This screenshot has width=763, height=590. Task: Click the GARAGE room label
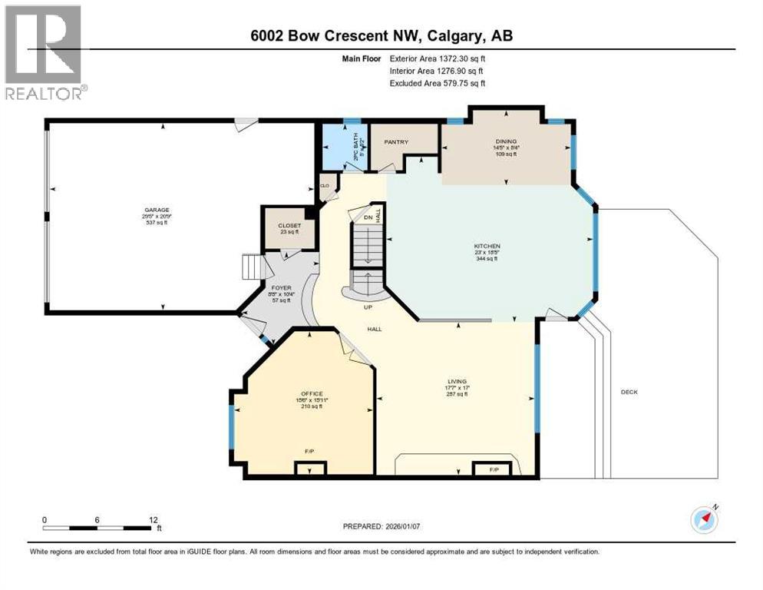point(157,210)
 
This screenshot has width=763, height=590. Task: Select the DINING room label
point(506,141)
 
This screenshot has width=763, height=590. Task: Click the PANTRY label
point(397,142)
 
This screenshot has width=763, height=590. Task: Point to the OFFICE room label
point(311,393)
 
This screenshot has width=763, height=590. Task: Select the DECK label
point(629,392)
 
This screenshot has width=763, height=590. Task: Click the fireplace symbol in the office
point(311,467)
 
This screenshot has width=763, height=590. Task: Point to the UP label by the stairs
point(368,307)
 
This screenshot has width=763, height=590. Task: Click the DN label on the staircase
point(367,218)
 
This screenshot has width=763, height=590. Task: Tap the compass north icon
point(704,519)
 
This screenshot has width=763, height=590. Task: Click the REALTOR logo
point(44,53)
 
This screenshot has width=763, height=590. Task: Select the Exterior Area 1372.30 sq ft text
point(438,58)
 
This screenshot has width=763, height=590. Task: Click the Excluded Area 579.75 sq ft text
point(438,83)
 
